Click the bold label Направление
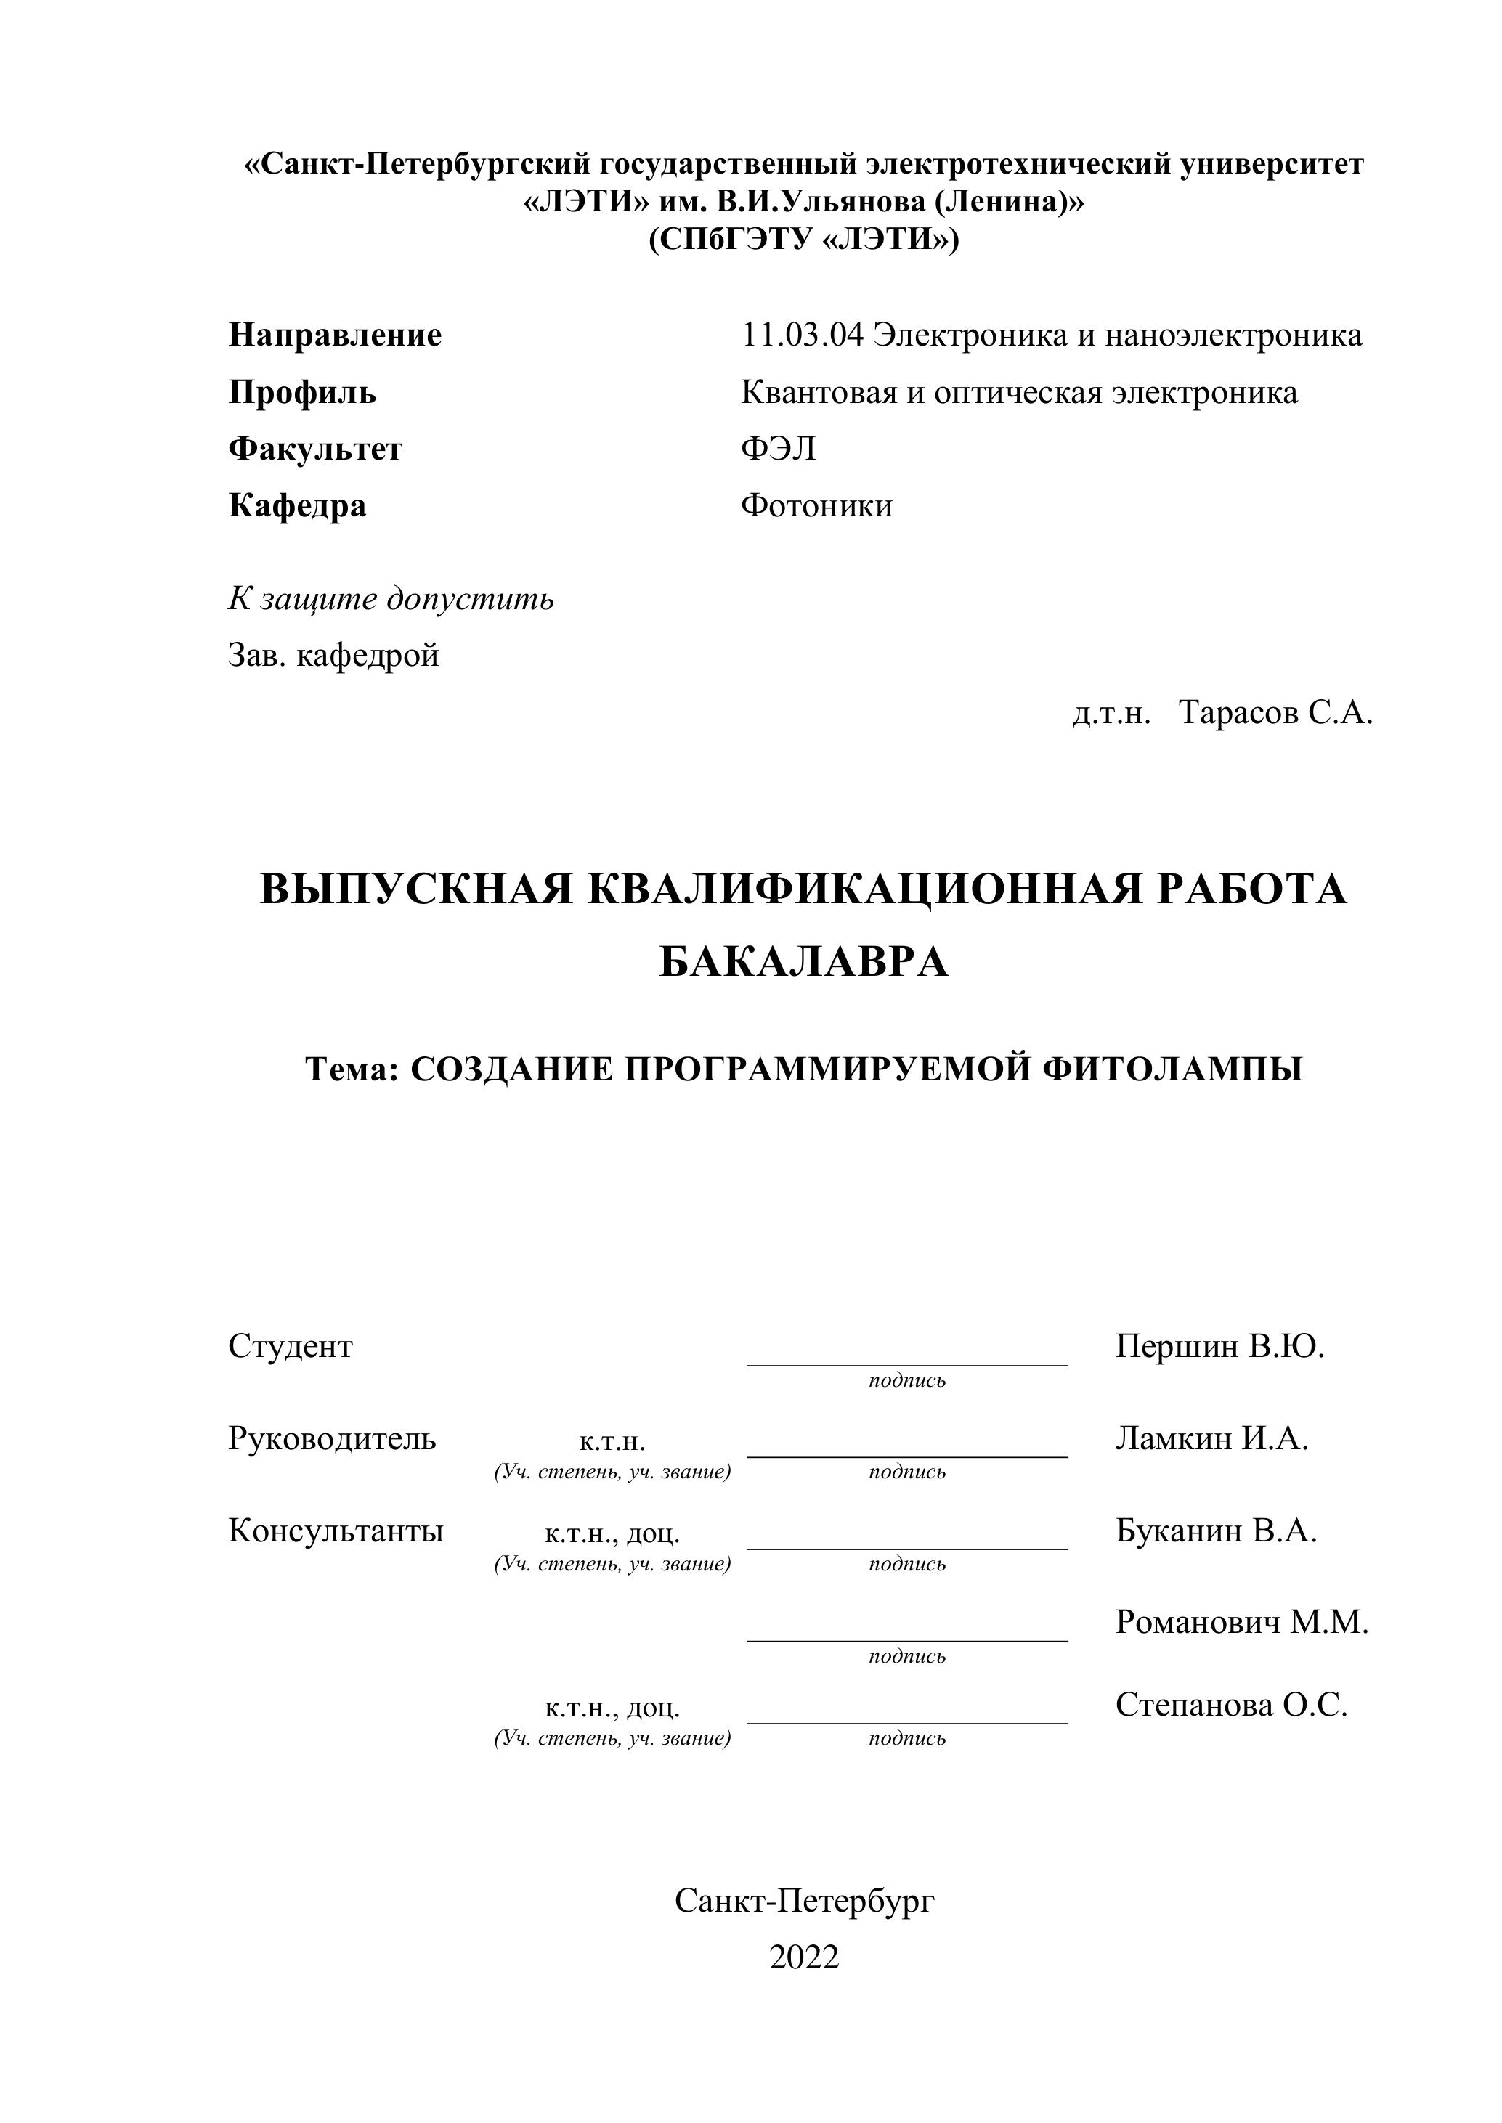point(335,335)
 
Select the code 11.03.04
point(802,335)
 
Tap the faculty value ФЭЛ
point(778,449)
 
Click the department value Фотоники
point(816,506)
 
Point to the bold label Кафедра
point(297,506)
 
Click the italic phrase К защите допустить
point(390,599)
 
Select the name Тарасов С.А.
point(1275,713)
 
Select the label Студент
point(291,1346)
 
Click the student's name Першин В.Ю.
point(1219,1346)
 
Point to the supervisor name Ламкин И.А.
point(1211,1438)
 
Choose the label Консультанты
point(336,1531)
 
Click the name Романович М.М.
point(1241,1622)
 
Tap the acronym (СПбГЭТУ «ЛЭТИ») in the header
point(803,240)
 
